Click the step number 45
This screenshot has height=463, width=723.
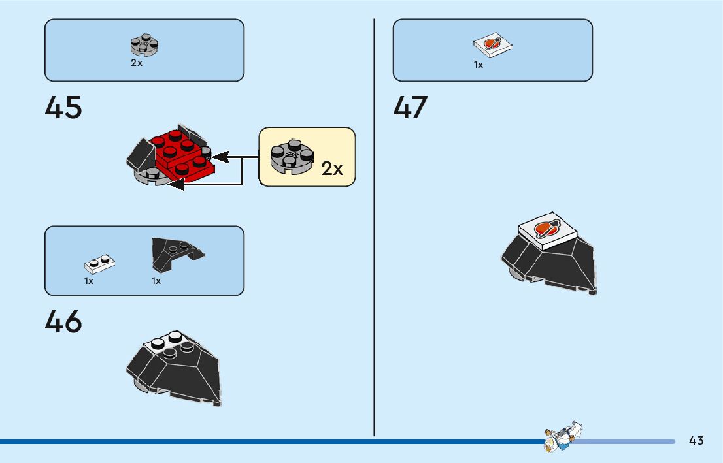(x=63, y=108)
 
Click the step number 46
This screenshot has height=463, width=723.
(x=63, y=322)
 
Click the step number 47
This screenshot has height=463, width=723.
(x=411, y=108)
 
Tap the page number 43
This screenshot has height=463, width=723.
(x=696, y=441)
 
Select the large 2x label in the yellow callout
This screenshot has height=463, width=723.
(x=332, y=169)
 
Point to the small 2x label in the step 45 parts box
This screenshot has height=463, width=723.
(x=136, y=63)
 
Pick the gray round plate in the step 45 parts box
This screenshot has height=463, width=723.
(x=144, y=45)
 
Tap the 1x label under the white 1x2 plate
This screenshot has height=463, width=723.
(x=89, y=281)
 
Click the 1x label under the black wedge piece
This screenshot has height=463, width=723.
(x=156, y=281)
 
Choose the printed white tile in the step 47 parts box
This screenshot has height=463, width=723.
(x=492, y=45)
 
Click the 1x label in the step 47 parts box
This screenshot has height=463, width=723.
(x=479, y=65)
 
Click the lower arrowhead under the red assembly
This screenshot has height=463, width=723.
(x=176, y=185)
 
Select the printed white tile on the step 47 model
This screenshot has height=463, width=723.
(x=547, y=231)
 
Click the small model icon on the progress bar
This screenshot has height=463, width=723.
(x=562, y=436)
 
